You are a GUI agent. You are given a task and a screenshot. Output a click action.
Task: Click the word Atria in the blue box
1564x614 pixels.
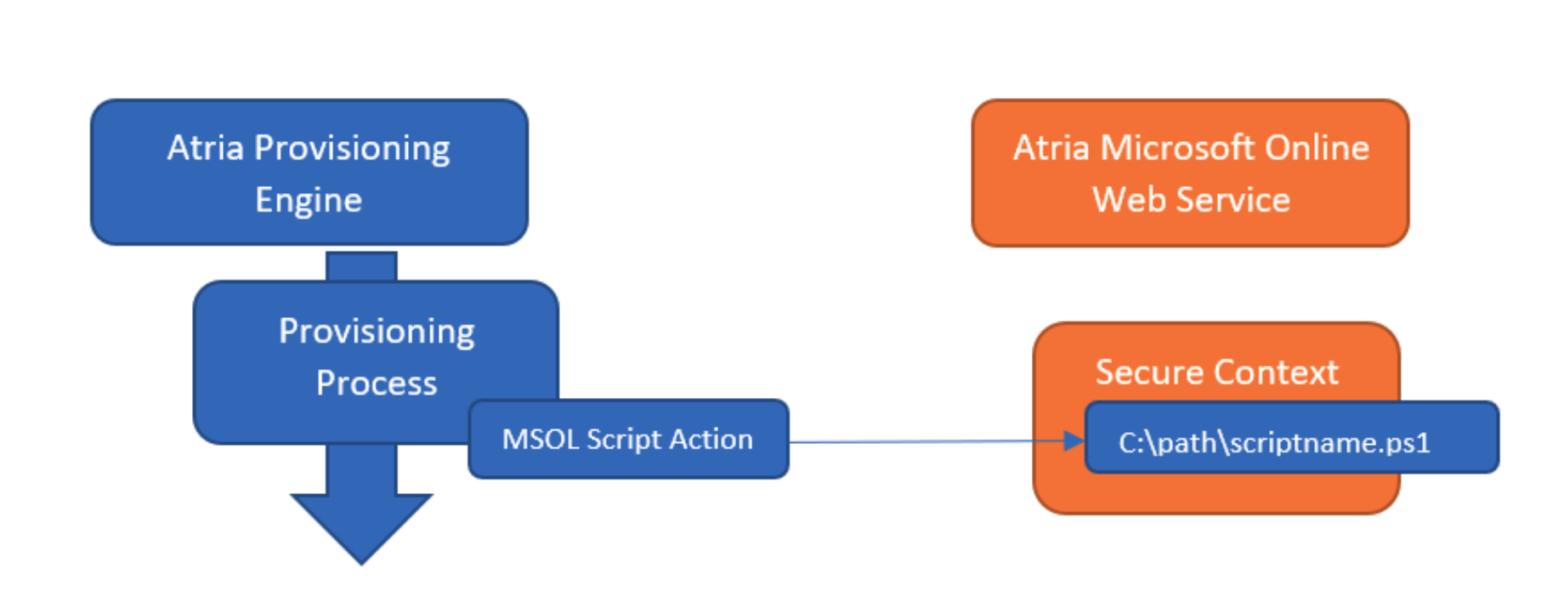click(205, 148)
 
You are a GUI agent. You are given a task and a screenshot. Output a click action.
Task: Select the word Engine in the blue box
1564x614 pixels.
click(309, 201)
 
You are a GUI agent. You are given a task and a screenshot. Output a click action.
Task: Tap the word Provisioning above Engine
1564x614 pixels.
click(352, 148)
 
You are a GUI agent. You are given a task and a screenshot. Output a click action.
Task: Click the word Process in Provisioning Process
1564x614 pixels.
click(377, 384)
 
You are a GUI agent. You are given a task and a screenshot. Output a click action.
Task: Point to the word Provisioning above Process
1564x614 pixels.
click(377, 332)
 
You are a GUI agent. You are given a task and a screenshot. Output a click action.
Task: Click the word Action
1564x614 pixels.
click(711, 440)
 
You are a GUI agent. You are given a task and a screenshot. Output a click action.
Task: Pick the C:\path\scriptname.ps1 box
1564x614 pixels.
click(1291, 438)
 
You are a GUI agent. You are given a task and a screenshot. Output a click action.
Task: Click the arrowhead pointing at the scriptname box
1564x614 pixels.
click(1074, 441)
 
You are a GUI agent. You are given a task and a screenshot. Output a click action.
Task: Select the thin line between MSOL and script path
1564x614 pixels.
click(918, 441)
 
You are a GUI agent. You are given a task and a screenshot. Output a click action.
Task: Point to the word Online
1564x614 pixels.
click(1317, 148)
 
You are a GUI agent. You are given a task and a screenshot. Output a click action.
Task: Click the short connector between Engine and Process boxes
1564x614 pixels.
click(361, 265)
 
